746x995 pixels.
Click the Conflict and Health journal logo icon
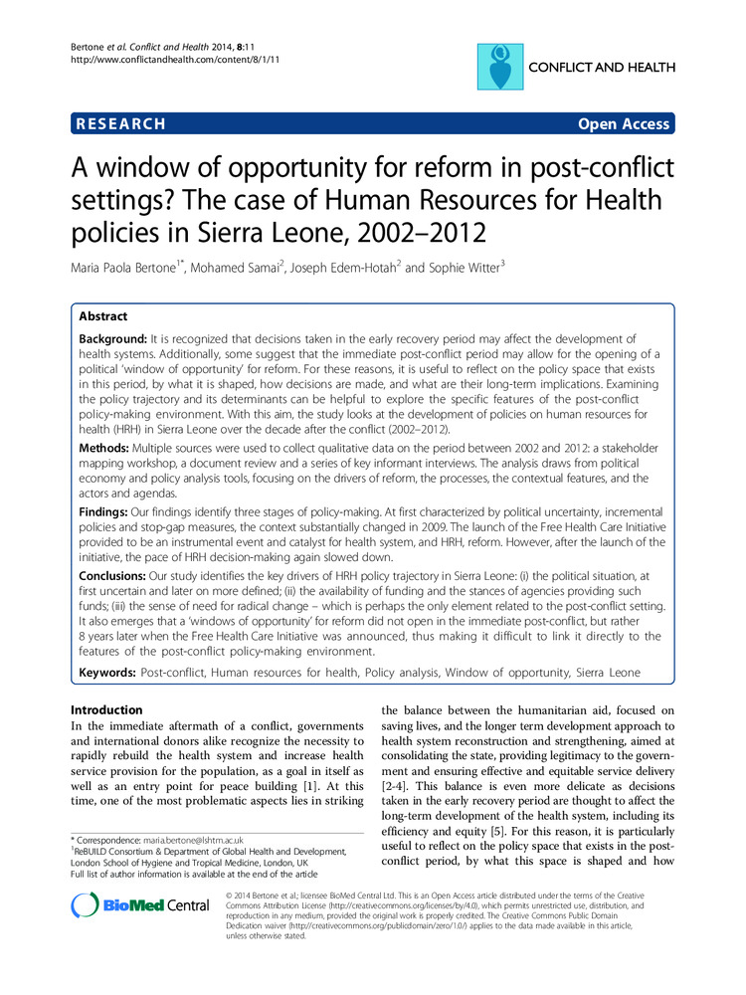[502, 68]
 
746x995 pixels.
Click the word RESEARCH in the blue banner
[119, 124]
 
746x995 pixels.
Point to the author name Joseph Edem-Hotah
[359, 267]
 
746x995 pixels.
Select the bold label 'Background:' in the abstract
[117, 340]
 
